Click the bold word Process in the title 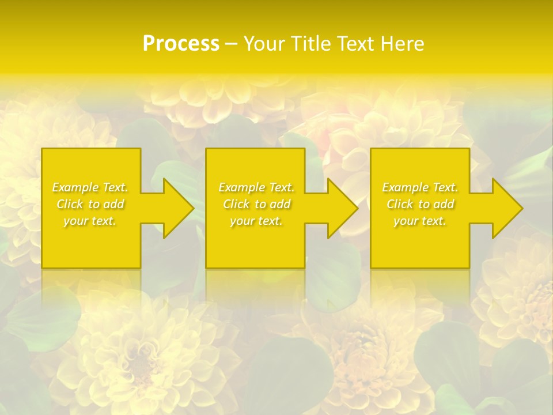point(181,44)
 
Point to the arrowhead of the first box point(176,208)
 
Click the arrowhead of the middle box point(340,208)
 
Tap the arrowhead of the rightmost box point(505,208)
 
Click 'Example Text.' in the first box point(90,187)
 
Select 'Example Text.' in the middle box point(256,187)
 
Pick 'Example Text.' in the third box point(420,187)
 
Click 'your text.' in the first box point(90,221)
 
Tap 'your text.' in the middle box point(256,221)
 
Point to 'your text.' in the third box point(420,221)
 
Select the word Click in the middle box point(236,204)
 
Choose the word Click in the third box point(400,204)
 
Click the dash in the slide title point(231,44)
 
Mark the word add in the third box point(444,204)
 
